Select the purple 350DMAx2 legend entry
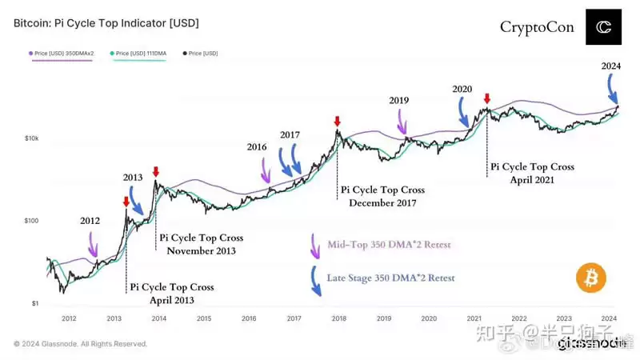[x=62, y=54]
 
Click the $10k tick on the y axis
[x=31, y=138]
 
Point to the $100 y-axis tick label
[x=31, y=221]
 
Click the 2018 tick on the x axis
[x=338, y=318]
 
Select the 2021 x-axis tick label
[x=474, y=318]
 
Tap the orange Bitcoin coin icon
[x=590, y=278]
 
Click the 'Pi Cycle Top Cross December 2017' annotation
[x=382, y=196]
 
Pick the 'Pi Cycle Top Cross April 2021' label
[x=532, y=174]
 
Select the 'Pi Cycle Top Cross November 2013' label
[x=201, y=244]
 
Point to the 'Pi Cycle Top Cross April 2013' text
[x=171, y=293]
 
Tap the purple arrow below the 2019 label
[x=402, y=122]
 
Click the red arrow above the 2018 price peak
[x=337, y=122]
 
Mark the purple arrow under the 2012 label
[x=94, y=242]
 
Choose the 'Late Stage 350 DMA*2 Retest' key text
[x=390, y=278]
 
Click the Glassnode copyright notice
[x=80, y=344]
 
